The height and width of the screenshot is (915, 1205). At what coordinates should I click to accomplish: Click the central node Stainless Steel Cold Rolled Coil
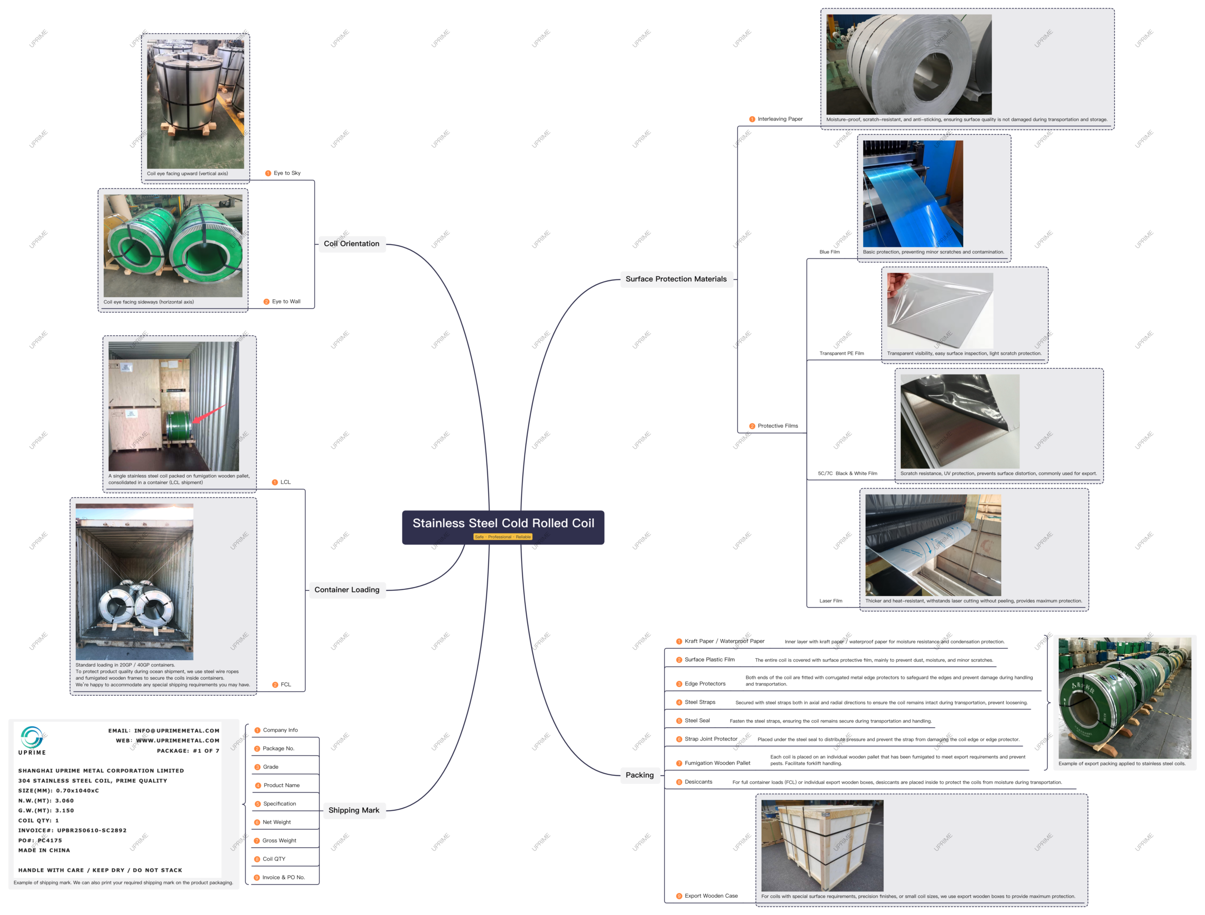pos(503,524)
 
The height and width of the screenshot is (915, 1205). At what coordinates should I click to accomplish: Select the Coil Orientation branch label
pos(351,244)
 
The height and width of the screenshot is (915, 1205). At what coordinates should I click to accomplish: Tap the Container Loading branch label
pos(346,590)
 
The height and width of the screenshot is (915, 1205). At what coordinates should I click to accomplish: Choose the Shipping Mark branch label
pos(353,811)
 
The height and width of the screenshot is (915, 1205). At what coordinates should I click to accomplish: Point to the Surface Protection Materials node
pos(676,279)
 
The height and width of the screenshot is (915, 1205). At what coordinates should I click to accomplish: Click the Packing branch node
pos(639,775)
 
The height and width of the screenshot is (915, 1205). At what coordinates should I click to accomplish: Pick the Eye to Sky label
pos(287,173)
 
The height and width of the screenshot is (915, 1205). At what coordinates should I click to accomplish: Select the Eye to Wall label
pos(286,302)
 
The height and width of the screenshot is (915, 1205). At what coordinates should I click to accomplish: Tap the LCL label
pos(285,483)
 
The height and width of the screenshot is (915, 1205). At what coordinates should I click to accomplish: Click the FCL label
pos(286,685)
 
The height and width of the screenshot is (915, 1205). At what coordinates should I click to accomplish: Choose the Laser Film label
pos(831,601)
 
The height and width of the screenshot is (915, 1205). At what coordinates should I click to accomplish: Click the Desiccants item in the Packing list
pos(698,782)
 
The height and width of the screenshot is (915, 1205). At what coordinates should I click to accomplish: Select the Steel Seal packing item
pos(697,721)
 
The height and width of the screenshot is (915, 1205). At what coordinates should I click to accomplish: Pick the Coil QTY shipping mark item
pos(273,859)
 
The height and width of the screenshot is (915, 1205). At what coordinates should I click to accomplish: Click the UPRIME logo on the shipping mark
pos(32,739)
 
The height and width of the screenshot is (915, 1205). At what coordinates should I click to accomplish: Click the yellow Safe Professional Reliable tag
pos(503,537)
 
